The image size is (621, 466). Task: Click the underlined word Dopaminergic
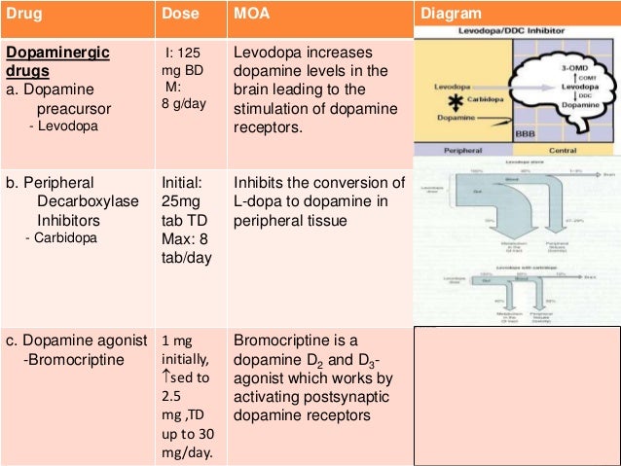point(58,51)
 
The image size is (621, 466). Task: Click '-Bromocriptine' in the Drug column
point(67,360)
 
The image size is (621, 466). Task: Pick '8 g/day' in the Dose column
point(184,104)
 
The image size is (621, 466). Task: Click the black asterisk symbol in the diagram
point(454,100)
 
